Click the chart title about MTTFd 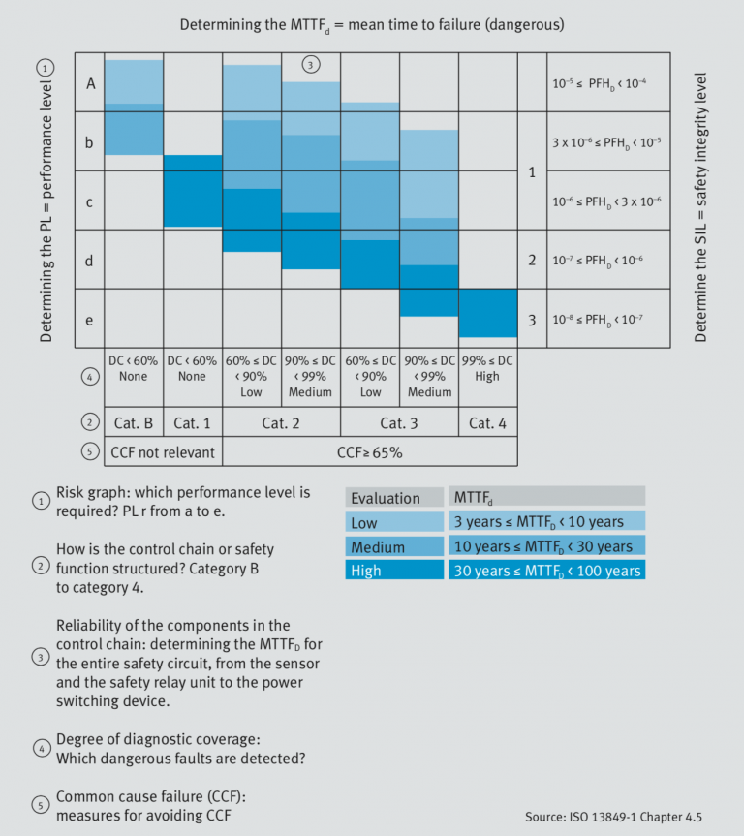pyautogui.click(x=372, y=23)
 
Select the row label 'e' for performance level pyautogui.click(x=89, y=319)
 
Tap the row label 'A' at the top pyautogui.click(x=90, y=83)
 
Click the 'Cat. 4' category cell pyautogui.click(x=487, y=422)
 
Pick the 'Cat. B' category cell pyautogui.click(x=134, y=422)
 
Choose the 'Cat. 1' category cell pyautogui.click(x=193, y=422)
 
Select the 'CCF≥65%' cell pyautogui.click(x=370, y=451)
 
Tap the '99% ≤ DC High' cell pyautogui.click(x=487, y=369)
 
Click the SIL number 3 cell pyautogui.click(x=532, y=319)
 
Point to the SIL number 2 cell pyautogui.click(x=532, y=260)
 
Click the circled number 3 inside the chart pyautogui.click(x=311, y=66)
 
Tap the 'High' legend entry pyautogui.click(x=395, y=571)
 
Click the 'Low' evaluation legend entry pyautogui.click(x=395, y=522)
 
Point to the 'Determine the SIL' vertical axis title pyautogui.click(x=701, y=206)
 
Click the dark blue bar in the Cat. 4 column pyautogui.click(x=487, y=313)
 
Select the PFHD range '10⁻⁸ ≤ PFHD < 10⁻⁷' pyautogui.click(x=598, y=319)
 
